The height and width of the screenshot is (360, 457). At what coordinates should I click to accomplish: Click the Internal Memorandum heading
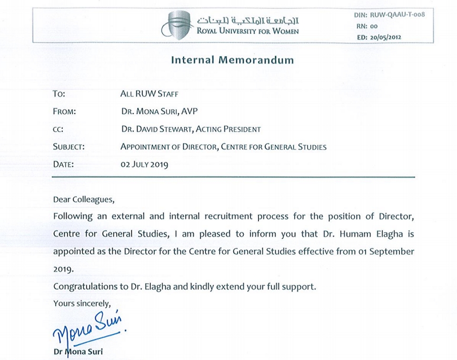click(x=232, y=60)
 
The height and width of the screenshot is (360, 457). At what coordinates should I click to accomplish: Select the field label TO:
click(x=59, y=94)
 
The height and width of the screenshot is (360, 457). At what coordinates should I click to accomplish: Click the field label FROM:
click(x=65, y=112)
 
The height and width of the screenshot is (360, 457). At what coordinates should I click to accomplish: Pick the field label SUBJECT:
click(x=69, y=147)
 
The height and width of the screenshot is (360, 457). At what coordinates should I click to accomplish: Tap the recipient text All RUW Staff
click(x=149, y=94)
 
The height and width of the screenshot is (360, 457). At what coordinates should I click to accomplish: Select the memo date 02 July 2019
click(x=144, y=165)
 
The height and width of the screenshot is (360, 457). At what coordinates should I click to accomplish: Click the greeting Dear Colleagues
click(x=84, y=200)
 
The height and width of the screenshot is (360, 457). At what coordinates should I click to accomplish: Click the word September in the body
click(x=390, y=251)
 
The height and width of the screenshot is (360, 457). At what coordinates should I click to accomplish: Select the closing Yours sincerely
click(x=82, y=303)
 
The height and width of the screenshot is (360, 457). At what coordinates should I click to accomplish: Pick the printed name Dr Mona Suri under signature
click(x=78, y=352)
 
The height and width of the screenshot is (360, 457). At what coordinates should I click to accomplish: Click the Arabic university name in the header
click(x=248, y=20)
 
